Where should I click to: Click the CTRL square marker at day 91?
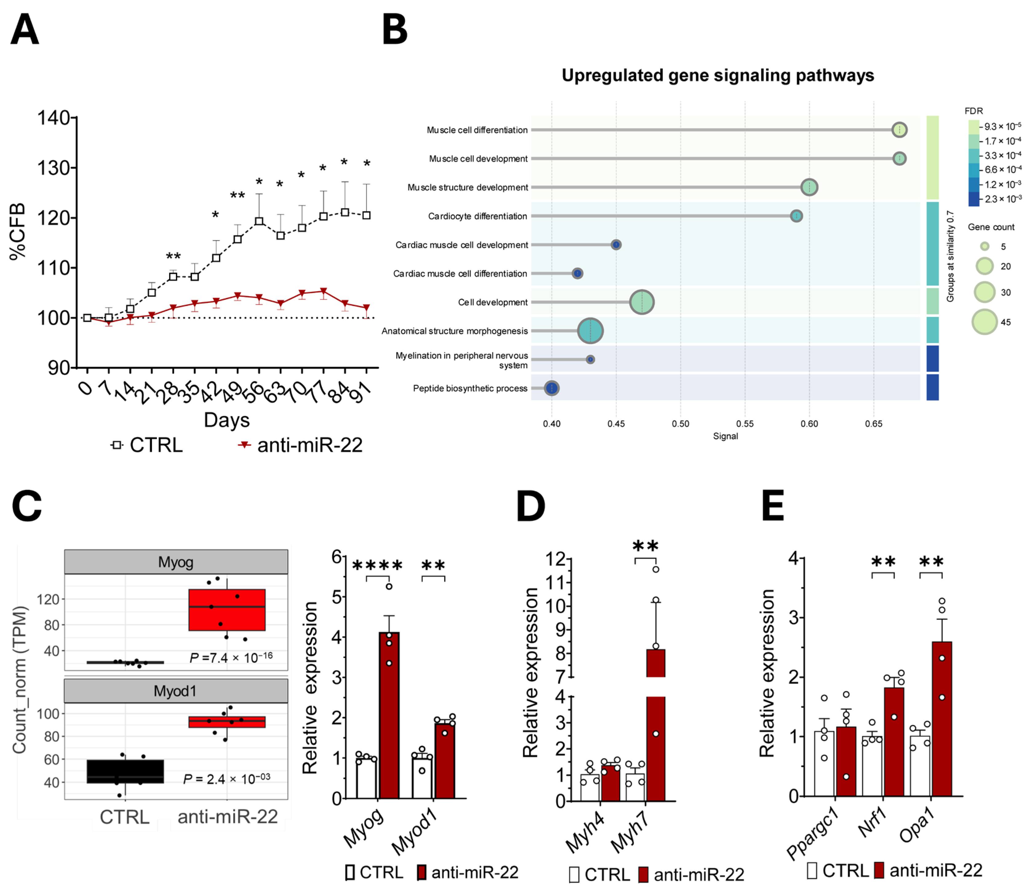pyautogui.click(x=366, y=215)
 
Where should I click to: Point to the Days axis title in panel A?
pyautogui.click(x=226, y=420)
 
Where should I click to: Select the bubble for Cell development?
pyautogui.click(x=642, y=302)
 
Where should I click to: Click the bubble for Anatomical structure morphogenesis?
pyautogui.click(x=590, y=331)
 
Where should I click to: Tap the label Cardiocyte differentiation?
pyautogui.click(x=477, y=216)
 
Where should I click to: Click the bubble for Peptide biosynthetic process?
pyautogui.click(x=551, y=388)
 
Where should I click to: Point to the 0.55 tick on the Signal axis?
pyautogui.click(x=745, y=424)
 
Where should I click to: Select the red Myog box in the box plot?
pyautogui.click(x=227, y=610)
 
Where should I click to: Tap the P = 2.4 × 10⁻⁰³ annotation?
pyautogui.click(x=227, y=779)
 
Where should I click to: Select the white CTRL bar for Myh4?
pyautogui.click(x=590, y=788)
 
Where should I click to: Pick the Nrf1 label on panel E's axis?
pyautogui.click(x=872, y=823)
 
